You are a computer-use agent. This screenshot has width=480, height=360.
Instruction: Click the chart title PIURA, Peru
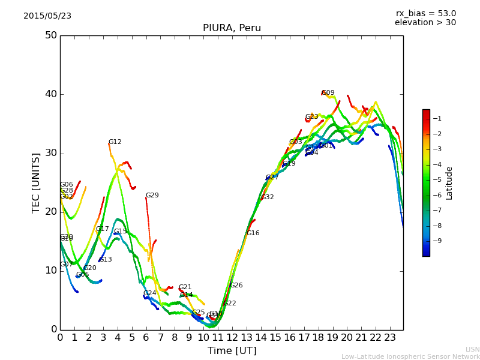[x=232, y=28]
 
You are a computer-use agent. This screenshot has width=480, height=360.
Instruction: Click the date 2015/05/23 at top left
[x=47, y=16]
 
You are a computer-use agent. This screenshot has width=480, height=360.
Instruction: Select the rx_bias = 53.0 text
[x=425, y=13]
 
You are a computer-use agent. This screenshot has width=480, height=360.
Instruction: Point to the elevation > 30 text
[x=425, y=23]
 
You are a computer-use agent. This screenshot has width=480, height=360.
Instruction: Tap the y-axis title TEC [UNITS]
[x=36, y=182]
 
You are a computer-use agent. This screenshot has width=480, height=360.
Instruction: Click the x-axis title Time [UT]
[x=232, y=351]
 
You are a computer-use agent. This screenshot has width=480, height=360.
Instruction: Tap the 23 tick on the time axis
[x=390, y=337]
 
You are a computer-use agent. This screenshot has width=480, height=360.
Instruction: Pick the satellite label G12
[x=115, y=142]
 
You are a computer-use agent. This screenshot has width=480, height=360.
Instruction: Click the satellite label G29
[x=152, y=196]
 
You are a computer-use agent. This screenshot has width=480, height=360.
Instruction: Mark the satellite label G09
[x=328, y=93]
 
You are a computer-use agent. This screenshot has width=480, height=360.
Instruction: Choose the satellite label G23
[x=312, y=117]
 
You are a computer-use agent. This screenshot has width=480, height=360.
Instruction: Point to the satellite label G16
[x=253, y=233]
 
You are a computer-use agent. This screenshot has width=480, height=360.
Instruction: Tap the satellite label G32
[x=268, y=197]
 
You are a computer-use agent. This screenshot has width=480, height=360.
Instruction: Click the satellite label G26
[x=236, y=286]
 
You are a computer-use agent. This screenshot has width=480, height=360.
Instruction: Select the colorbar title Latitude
[x=449, y=183]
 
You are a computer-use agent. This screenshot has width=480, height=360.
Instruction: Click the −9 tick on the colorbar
[x=437, y=241]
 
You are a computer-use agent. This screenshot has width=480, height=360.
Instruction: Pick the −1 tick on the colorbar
[x=437, y=118]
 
